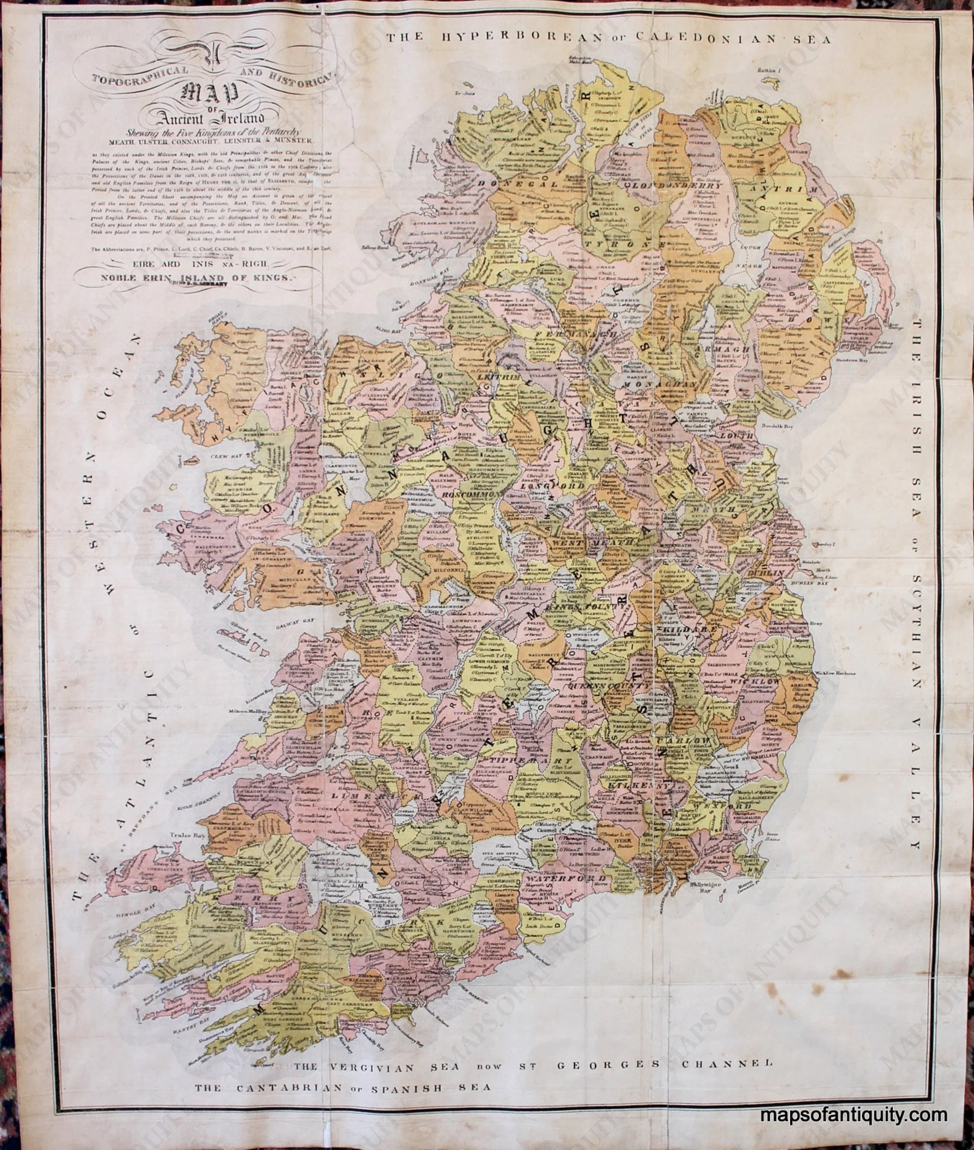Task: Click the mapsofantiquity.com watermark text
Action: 861,1127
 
